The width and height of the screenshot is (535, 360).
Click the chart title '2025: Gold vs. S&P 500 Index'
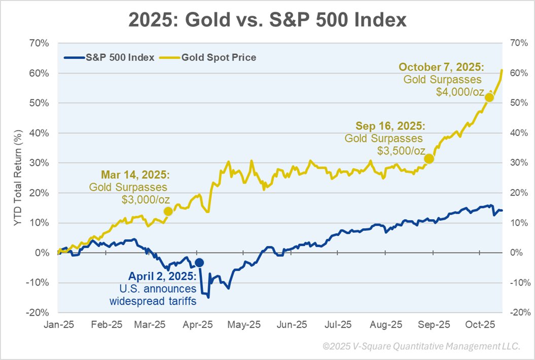267,20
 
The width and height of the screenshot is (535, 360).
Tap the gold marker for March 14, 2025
168,211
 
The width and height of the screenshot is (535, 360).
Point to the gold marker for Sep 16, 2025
429,159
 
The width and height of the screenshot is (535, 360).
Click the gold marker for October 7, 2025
489,97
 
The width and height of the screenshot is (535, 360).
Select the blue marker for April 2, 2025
199,262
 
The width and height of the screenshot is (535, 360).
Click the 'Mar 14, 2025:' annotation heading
135,175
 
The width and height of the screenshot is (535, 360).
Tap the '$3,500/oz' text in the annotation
401,151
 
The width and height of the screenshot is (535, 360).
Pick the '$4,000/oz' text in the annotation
460,92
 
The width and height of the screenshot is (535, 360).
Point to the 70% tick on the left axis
39,43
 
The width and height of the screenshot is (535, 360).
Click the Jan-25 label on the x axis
59,324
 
